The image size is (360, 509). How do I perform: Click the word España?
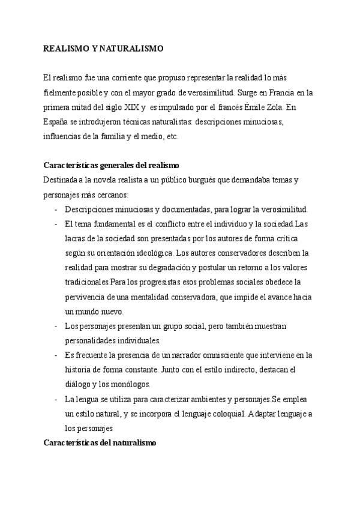[55, 122]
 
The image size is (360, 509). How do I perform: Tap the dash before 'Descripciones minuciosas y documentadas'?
[55, 209]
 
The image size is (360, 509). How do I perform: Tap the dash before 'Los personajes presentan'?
[55, 326]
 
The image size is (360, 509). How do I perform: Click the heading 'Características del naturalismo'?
[100, 442]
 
